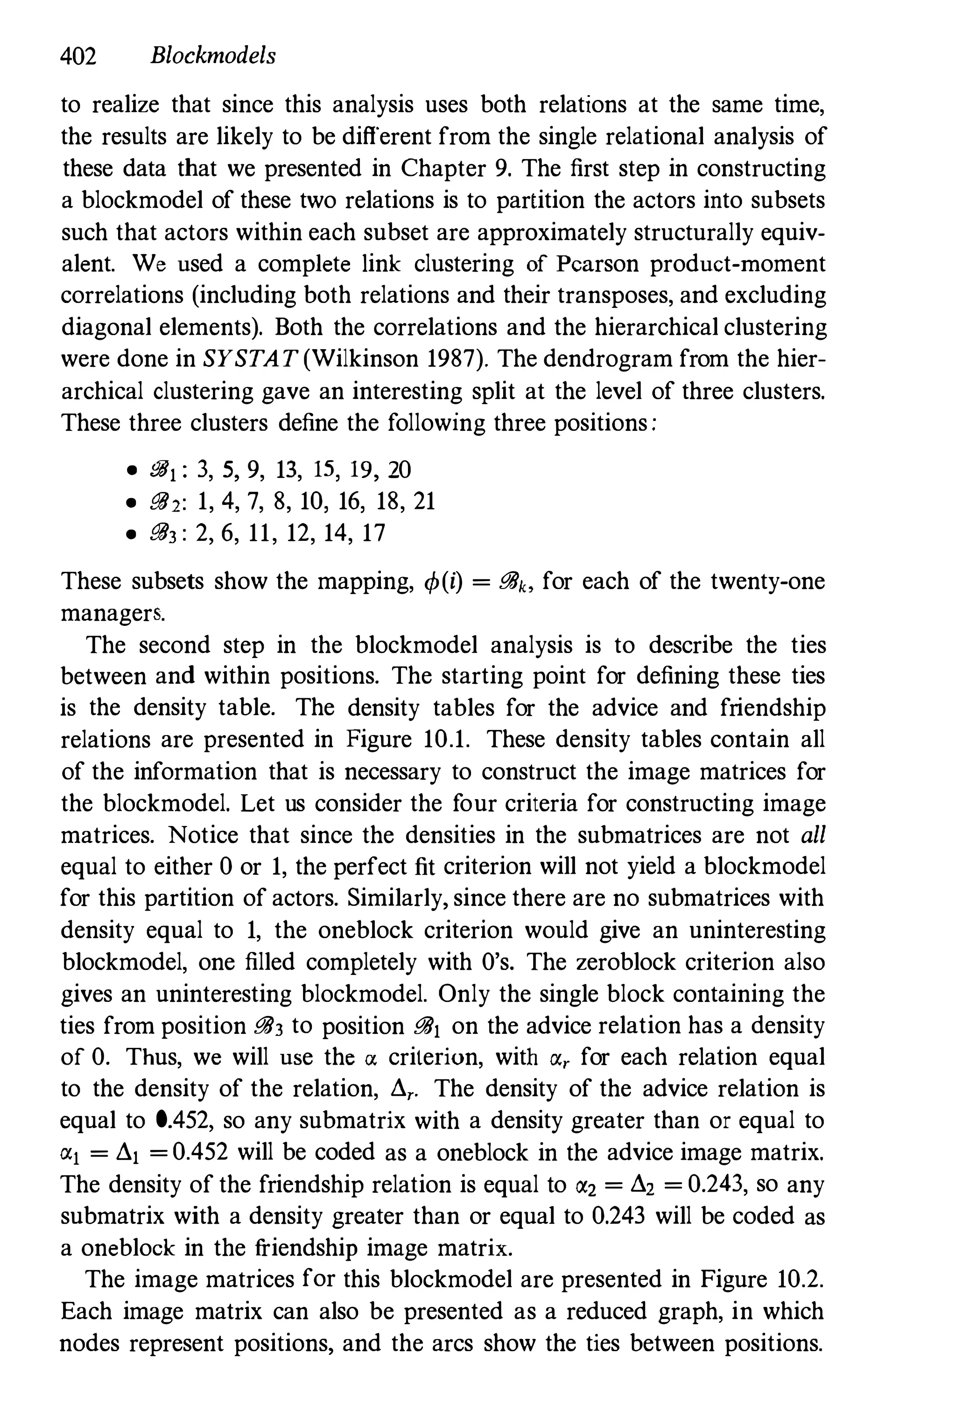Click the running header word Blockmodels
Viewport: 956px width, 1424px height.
click(x=213, y=56)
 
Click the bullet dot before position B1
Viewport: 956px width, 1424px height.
click(x=129, y=471)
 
